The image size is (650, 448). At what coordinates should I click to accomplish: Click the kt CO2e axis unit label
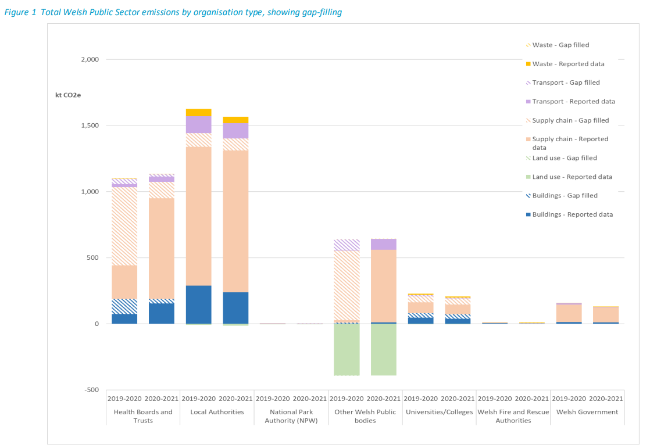(68, 95)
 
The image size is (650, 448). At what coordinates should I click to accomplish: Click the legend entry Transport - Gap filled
(566, 83)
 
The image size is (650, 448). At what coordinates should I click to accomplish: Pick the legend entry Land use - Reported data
(572, 177)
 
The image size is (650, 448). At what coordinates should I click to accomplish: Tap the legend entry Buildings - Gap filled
(565, 196)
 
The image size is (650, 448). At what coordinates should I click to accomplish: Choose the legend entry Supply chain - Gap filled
(570, 120)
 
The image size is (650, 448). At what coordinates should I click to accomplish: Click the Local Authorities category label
(217, 412)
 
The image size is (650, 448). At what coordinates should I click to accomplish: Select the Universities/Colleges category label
(439, 412)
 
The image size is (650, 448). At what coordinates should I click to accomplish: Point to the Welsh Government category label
(587, 412)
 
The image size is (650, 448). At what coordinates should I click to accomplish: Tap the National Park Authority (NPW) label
(291, 416)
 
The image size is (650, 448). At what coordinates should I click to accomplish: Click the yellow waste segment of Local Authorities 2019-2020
(198, 112)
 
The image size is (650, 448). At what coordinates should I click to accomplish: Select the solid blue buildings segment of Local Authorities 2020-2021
(235, 307)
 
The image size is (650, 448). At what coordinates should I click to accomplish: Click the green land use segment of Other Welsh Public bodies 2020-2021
(384, 349)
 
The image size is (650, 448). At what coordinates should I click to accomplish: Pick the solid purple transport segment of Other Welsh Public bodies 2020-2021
(384, 244)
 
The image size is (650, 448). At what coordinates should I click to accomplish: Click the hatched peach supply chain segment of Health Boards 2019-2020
(124, 226)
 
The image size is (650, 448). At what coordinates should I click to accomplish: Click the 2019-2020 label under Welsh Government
(569, 399)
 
